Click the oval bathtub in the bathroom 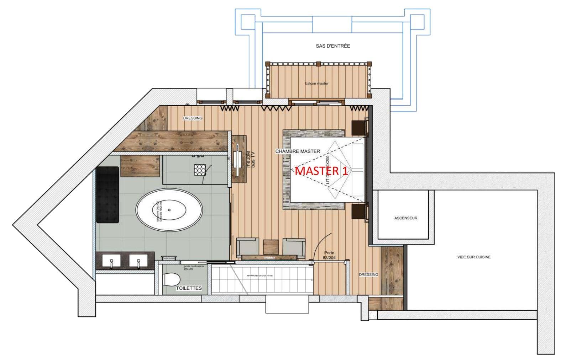point(169,210)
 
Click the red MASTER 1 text point(321,171)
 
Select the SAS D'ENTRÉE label point(333,46)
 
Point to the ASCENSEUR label point(406,218)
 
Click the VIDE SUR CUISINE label point(474,257)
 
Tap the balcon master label point(317,84)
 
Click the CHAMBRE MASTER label point(298,151)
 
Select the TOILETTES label point(189,288)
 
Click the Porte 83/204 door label point(329,255)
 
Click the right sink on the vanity point(138,261)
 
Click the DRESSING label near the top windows point(193,118)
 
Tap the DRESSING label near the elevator point(368,275)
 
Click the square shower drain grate point(200,170)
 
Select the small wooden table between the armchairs point(270,247)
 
